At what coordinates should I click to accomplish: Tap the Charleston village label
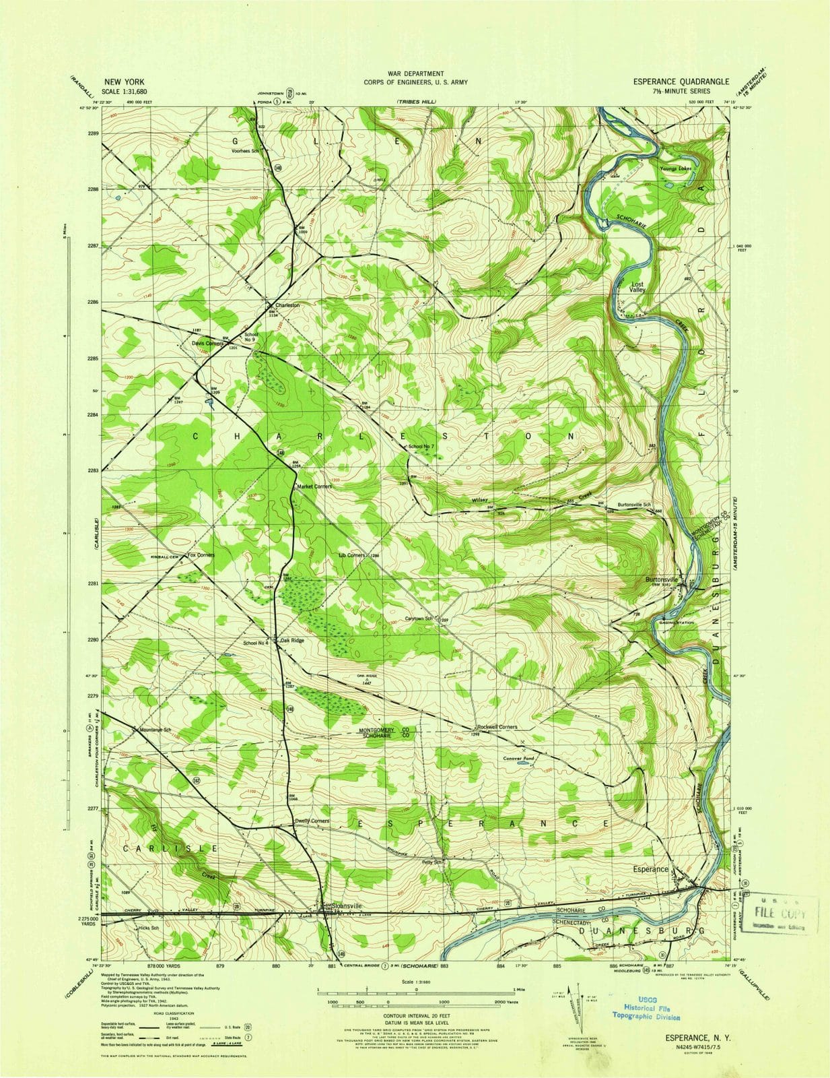(x=287, y=305)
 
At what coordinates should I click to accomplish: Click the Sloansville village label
(x=346, y=906)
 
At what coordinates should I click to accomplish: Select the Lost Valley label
(x=637, y=287)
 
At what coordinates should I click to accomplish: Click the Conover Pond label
(x=518, y=758)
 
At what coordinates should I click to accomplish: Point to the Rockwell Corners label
(x=497, y=727)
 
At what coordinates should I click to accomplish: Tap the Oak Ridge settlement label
(x=292, y=641)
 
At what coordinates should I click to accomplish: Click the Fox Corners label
(x=201, y=555)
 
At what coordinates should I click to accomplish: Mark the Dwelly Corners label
(x=312, y=821)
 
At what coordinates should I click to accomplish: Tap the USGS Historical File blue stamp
(x=646, y=1009)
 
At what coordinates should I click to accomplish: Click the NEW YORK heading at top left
(x=123, y=82)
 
